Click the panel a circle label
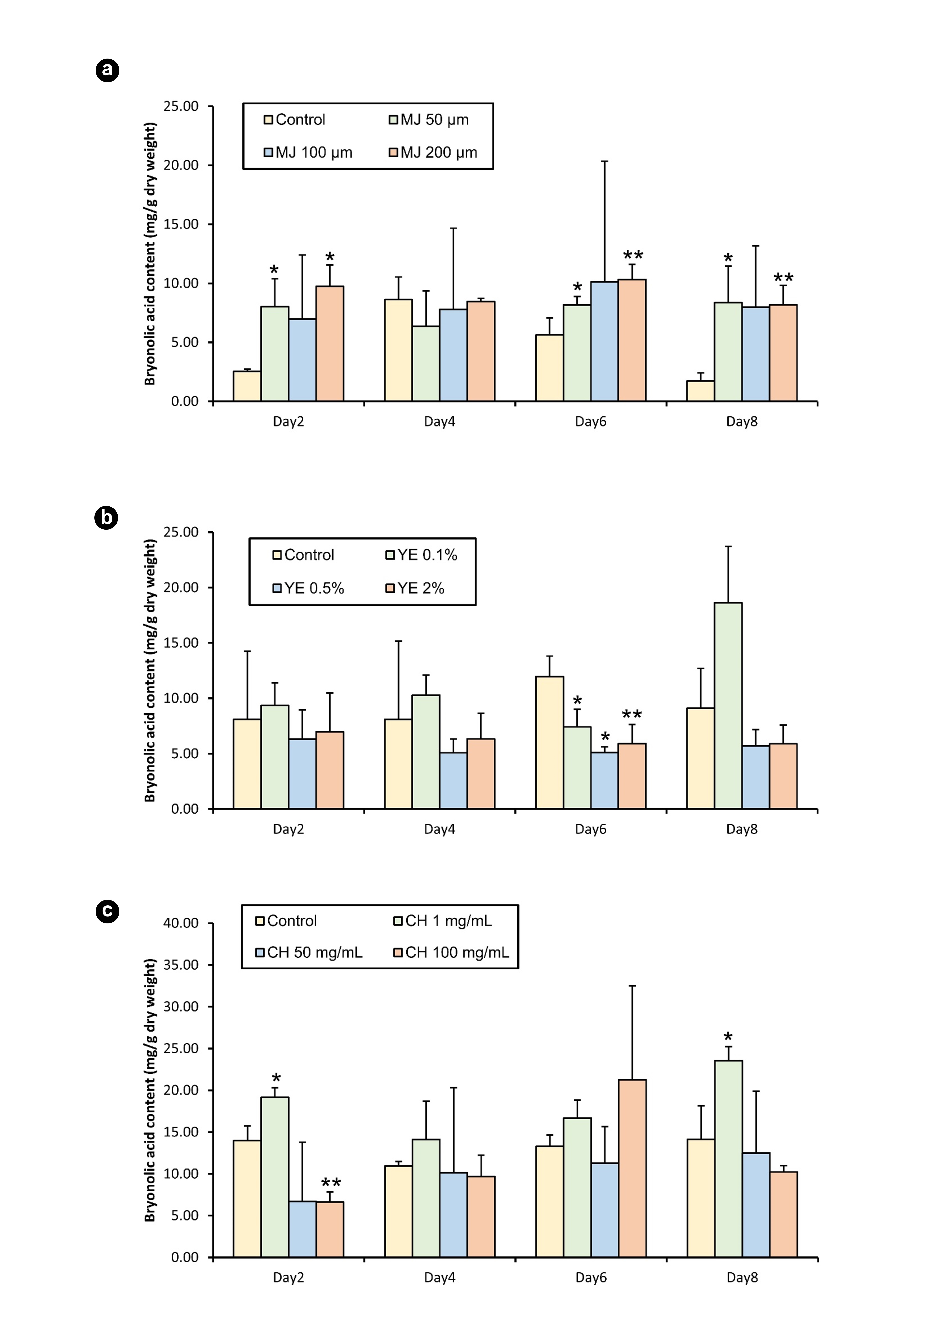click(x=107, y=70)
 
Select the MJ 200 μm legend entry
click(x=433, y=152)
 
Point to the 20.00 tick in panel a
click(x=181, y=165)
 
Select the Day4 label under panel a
click(x=440, y=421)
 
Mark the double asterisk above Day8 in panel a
click(x=784, y=278)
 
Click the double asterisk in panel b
click(x=632, y=715)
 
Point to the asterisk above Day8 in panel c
click(x=728, y=1038)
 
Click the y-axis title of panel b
click(x=150, y=670)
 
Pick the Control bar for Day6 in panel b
click(x=549, y=743)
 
